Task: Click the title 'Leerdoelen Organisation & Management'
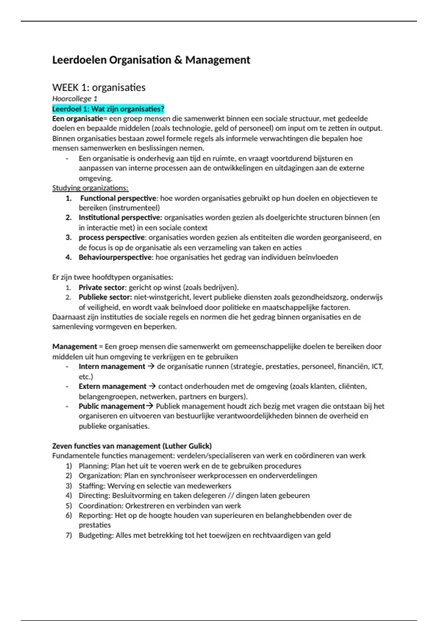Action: coord(151,60)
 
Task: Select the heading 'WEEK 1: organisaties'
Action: coord(99,87)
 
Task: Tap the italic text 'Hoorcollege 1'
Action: coord(74,99)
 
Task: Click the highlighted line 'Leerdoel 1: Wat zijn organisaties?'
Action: coord(108,109)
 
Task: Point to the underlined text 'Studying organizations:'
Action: coord(90,188)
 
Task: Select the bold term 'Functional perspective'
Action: coord(118,198)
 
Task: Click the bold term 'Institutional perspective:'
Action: coord(120,218)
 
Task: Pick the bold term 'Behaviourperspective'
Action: coord(115,257)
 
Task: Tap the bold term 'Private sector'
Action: coord(101,287)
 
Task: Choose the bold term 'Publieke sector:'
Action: coord(105,297)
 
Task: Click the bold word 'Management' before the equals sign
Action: coord(74,347)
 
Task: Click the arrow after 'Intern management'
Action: coord(151,366)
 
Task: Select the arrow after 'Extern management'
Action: coord(153,386)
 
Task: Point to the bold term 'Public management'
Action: coord(112,406)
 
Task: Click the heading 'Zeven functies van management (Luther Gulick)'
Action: coord(132,446)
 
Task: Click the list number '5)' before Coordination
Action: coord(69,506)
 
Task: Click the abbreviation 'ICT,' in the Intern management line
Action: coord(377,366)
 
